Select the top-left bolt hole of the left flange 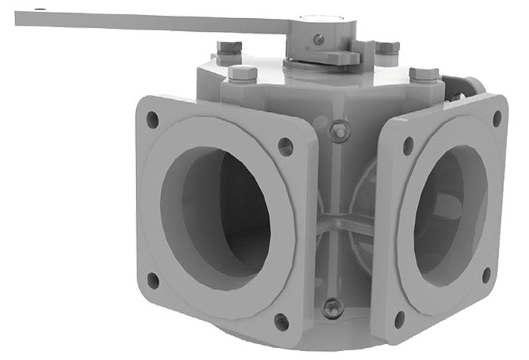pos(152,119)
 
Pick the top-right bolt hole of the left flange pos(286,145)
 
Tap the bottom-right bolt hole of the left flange pos(281,321)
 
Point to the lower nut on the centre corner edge pos(333,306)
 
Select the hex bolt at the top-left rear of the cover pos(229,48)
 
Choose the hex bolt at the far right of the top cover pos(423,74)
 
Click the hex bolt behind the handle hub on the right pos(386,48)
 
